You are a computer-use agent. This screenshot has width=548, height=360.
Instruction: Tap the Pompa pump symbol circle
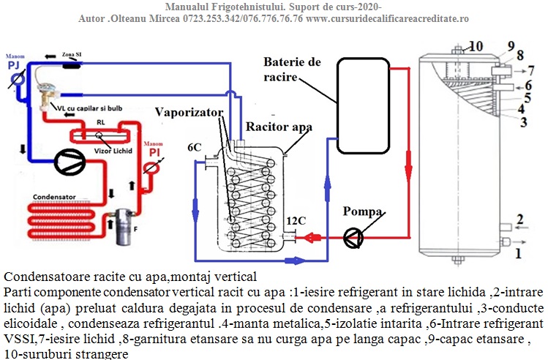[353, 236]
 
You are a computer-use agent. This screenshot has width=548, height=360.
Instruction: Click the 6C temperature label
[195, 147]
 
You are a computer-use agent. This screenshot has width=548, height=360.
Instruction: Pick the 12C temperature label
[296, 220]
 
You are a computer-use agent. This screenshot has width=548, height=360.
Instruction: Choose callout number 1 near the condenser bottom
[519, 253]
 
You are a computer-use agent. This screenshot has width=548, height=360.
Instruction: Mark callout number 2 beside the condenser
[519, 219]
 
